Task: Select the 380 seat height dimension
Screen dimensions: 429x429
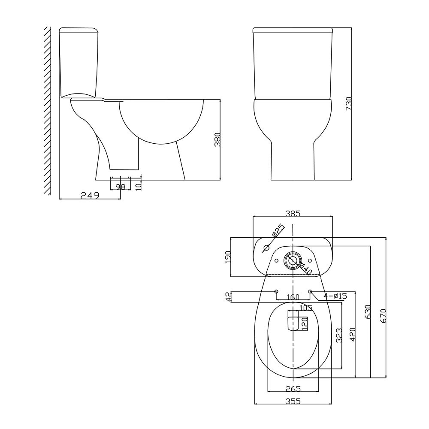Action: pos(217,140)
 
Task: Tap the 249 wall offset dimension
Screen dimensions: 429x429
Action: pos(90,195)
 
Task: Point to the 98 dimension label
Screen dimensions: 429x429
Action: pos(121,187)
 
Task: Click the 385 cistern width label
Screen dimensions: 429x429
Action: pos(293,213)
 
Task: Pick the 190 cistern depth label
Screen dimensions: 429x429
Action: pos(228,257)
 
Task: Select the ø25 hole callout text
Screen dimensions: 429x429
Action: pos(278,230)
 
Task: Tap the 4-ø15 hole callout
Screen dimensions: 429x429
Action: pos(335,296)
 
